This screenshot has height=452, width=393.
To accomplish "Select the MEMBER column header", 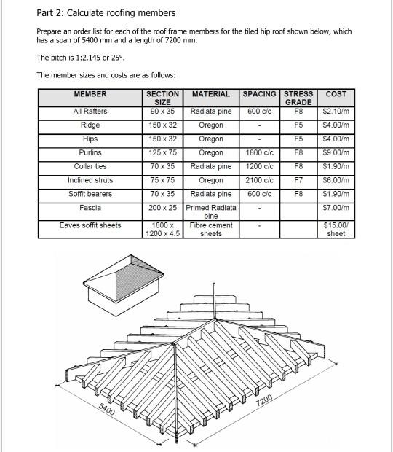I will [90, 94].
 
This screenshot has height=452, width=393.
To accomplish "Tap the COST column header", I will [336, 94].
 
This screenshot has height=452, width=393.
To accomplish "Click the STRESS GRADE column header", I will [298, 98].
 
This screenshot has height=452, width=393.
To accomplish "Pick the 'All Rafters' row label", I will [90, 112].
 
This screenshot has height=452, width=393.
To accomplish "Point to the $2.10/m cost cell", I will [336, 112].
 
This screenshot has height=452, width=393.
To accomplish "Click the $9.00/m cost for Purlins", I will [336, 153].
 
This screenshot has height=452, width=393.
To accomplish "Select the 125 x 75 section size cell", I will [162, 153].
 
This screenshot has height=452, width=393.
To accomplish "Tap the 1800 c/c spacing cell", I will [259, 153].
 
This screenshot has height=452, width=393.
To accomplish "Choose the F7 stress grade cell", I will [298, 180].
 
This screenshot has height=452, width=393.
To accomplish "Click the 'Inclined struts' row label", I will [90, 180].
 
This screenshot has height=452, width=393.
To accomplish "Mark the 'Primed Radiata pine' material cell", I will [211, 212].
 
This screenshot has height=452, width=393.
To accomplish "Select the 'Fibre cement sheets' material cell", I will [211, 230].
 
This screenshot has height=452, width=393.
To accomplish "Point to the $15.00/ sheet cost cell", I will [336, 230].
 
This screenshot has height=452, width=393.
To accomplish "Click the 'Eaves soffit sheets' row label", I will [90, 226].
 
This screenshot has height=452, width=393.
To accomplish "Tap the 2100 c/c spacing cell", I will [259, 180].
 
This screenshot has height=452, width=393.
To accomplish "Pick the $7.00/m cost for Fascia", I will [336, 209].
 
